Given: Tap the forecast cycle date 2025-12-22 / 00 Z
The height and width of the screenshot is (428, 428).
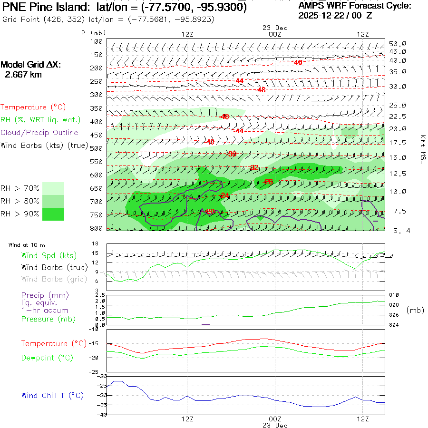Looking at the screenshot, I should pos(335,15).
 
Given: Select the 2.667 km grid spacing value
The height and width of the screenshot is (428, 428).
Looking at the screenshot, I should pos(23,75).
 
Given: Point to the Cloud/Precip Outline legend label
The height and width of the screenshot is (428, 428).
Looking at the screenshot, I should pos(39,133).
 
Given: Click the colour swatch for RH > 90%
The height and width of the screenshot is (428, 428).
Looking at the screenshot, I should pos(53,214).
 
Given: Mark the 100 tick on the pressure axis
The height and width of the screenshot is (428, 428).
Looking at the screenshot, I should pos(97,41).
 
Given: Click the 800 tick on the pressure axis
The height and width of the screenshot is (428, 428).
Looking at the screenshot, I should pos(97,229).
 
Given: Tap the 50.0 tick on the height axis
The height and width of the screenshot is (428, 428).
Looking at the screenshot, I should pos(398,44).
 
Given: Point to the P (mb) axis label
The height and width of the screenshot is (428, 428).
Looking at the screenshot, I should pos(93,33).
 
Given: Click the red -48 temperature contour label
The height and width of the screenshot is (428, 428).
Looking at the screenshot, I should pos(261,90).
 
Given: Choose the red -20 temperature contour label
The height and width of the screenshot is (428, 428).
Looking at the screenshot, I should pos(210,211).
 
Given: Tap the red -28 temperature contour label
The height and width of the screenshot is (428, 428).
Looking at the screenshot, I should pos(269,182).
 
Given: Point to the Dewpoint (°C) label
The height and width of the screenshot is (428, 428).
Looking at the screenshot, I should pos(44,357).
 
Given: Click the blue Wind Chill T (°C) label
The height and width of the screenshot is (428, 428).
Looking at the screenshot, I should pos(52,395).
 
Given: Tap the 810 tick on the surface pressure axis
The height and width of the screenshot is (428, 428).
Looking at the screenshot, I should pos(393,295).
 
